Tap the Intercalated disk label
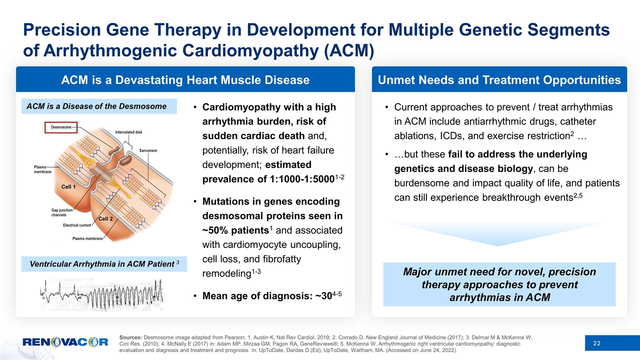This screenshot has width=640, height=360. [x=128, y=132]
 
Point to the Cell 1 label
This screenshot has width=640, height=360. [x=68, y=186]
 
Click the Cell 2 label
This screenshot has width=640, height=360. [x=105, y=218]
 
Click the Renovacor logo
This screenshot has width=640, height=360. [x=65, y=342]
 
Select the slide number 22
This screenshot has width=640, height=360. [x=596, y=342]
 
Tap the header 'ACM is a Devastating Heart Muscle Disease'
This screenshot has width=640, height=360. [x=185, y=80]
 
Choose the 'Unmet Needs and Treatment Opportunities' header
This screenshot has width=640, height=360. [x=499, y=80]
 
